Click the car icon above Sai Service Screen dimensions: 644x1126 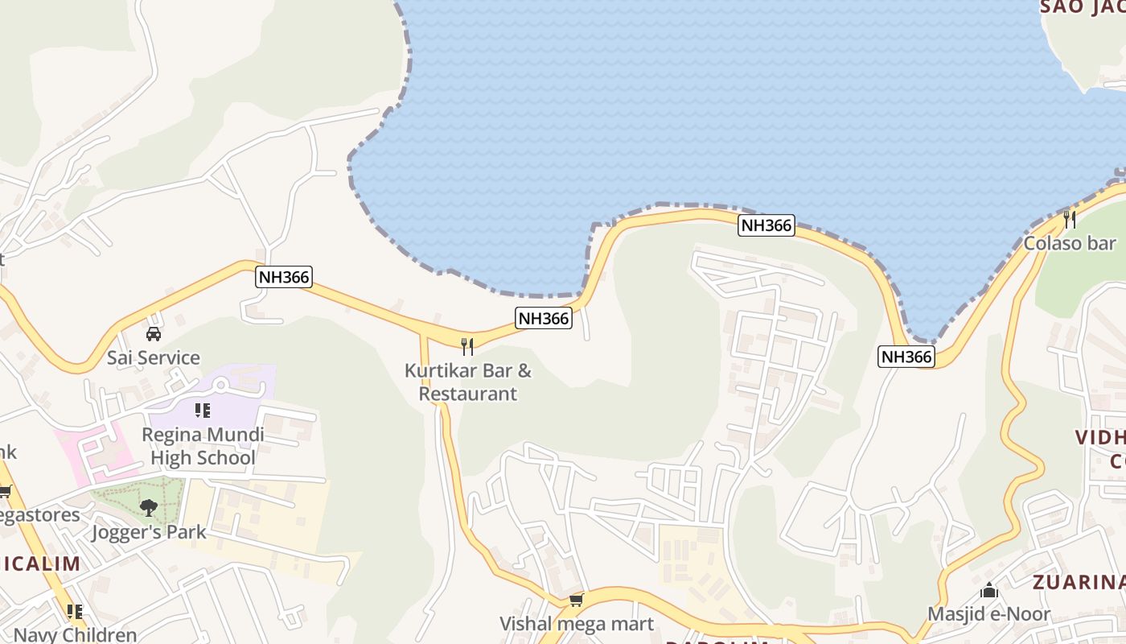click(153, 333)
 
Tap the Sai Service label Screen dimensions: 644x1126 click(153, 357)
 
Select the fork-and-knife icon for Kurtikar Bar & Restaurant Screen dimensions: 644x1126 click(467, 347)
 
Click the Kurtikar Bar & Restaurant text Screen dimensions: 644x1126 click(468, 382)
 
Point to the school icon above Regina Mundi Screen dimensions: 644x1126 click(202, 411)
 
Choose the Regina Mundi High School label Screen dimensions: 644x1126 click(203, 446)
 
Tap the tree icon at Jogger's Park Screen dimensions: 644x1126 click(148, 507)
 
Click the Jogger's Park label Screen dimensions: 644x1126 click(149, 532)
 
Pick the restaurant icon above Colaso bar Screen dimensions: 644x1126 click(1069, 219)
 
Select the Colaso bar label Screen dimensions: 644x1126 click(1070, 243)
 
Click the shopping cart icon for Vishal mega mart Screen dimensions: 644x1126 click(576, 601)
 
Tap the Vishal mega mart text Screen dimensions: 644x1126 click(577, 624)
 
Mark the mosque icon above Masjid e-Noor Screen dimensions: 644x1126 click(989, 591)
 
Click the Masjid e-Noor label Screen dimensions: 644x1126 click(989, 614)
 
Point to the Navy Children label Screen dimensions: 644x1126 click(76, 634)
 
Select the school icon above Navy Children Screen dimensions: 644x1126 click(75, 612)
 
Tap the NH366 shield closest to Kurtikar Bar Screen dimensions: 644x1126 click(544, 318)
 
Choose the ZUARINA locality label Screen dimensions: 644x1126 click(1078, 582)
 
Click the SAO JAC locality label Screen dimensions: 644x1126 click(1083, 7)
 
